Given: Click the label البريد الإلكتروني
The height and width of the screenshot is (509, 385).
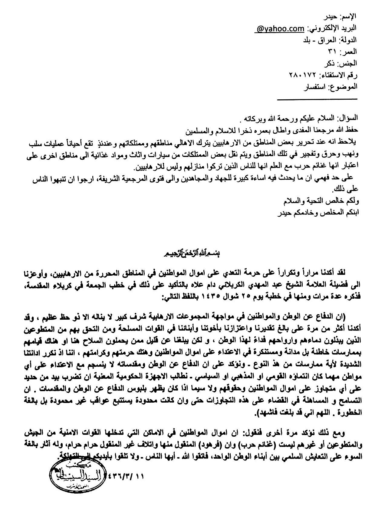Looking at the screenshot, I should tap(332, 29).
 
